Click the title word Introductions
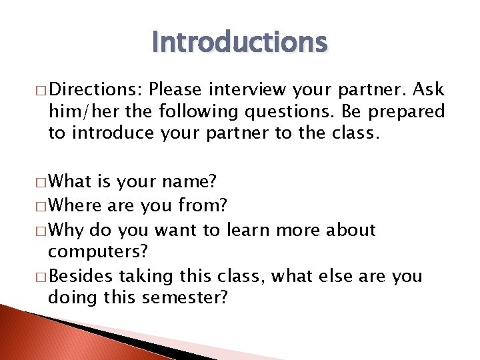(239, 42)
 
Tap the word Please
(177, 89)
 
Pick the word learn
(248, 230)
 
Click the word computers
(97, 251)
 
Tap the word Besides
(79, 275)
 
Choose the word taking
(138, 275)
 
